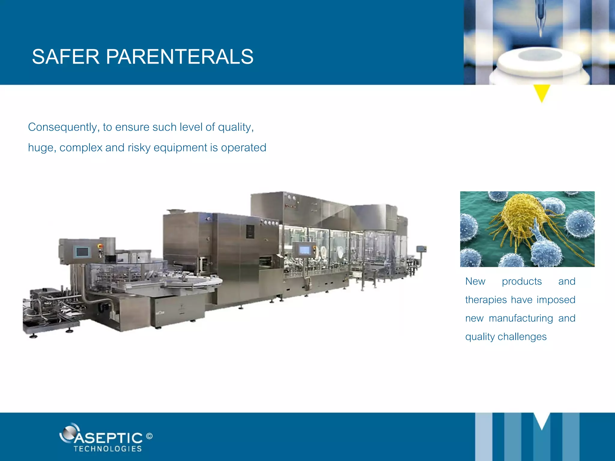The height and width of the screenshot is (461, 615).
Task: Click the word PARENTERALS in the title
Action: tap(179, 57)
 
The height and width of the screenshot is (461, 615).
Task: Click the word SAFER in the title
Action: tap(65, 57)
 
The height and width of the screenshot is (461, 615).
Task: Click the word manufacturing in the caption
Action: tap(521, 318)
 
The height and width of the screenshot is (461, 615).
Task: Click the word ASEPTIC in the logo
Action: tap(108, 438)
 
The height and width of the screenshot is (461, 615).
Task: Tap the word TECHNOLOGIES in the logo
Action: tap(108, 449)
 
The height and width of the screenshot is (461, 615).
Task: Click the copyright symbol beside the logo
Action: tap(149, 436)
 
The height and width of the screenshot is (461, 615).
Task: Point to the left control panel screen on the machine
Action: tap(82, 252)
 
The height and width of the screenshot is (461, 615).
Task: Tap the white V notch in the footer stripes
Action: tap(542, 420)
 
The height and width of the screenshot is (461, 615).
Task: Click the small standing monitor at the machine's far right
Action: tap(421, 249)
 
